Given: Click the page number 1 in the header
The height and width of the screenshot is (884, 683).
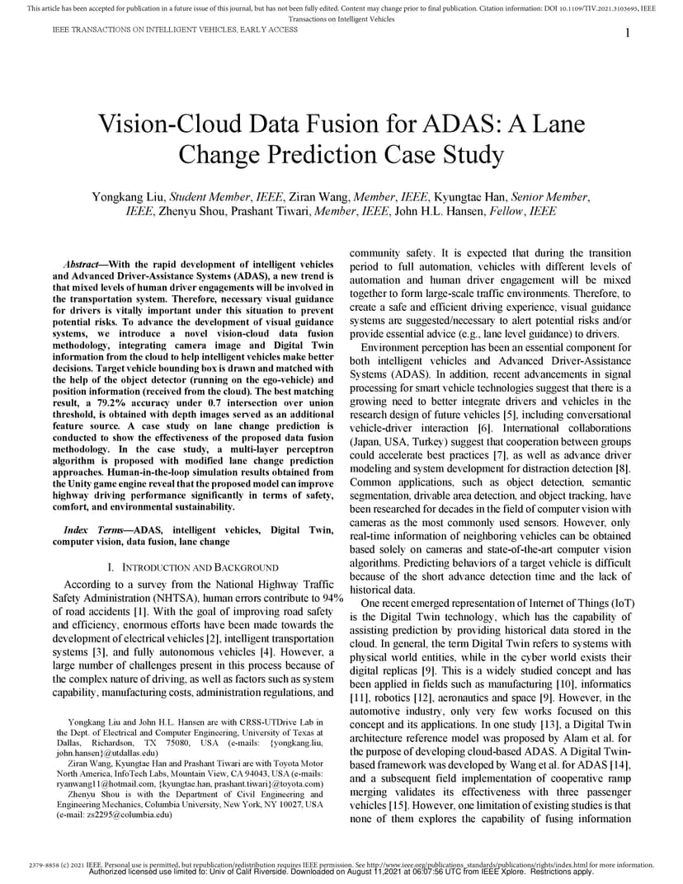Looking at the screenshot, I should (x=628, y=32).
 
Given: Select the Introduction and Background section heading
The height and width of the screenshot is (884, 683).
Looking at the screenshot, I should (x=193, y=568).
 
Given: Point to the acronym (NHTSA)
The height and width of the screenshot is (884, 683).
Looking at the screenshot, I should (x=152, y=597).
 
